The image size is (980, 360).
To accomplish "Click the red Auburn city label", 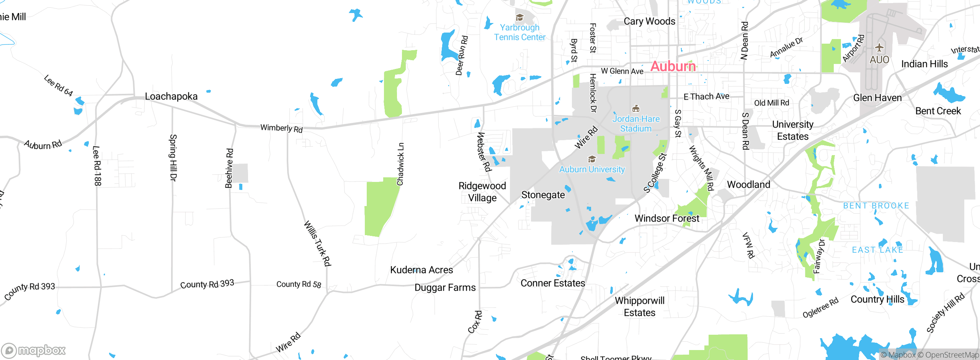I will pyautogui.click(x=673, y=66).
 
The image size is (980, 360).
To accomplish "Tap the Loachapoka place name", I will pyautogui.click(x=171, y=97).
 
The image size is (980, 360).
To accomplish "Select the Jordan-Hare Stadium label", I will pyautogui.click(x=636, y=124).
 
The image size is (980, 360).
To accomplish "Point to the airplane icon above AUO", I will pyautogui.click(x=879, y=48).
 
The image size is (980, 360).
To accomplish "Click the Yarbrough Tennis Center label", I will pyautogui.click(x=519, y=33).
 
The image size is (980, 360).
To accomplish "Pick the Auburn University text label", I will pyautogui.click(x=592, y=169).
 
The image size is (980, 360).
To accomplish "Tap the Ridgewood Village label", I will pyautogui.click(x=482, y=192).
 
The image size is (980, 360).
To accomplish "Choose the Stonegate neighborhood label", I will pyautogui.click(x=543, y=195).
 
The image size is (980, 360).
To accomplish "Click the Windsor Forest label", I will pyautogui.click(x=667, y=218).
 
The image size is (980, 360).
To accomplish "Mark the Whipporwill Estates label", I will pyautogui.click(x=640, y=306).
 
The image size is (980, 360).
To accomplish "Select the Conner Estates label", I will pyautogui.click(x=553, y=283).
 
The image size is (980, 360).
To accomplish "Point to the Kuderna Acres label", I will pyautogui.click(x=421, y=270).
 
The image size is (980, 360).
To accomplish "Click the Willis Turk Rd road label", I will pyautogui.click(x=317, y=243).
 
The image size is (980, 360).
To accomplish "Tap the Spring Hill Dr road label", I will pyautogui.click(x=173, y=157).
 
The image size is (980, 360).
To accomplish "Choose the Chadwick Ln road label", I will pyautogui.click(x=400, y=164).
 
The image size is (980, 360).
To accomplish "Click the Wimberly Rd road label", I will pyautogui.click(x=281, y=128).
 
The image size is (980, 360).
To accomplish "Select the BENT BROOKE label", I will pyautogui.click(x=876, y=206).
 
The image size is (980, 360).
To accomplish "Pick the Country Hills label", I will pyautogui.click(x=877, y=299).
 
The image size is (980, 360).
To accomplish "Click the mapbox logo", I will pyautogui.click(x=34, y=350).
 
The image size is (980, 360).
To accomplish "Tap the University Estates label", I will pyautogui.click(x=792, y=130).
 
